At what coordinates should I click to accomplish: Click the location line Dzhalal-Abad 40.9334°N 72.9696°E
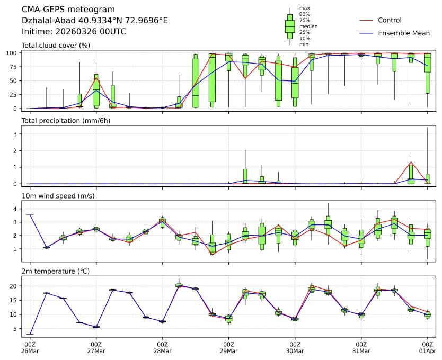pos(95,21)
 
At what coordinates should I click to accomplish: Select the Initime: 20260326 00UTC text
pos(74,32)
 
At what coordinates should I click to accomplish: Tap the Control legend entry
pos(390,20)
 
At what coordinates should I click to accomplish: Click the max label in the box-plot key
pos(304,8)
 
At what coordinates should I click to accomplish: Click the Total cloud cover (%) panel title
pos(56,45)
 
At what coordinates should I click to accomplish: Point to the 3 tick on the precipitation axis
pos(16,134)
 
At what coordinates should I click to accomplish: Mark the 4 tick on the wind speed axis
pos(16,209)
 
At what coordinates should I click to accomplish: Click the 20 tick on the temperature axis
pos(14,286)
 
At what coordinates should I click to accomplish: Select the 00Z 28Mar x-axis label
pos(162,347)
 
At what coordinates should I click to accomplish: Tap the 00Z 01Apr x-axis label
pos(427,347)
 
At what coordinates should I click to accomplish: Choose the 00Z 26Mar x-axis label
pos(30,347)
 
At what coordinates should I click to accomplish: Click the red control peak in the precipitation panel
pos(411,162)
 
